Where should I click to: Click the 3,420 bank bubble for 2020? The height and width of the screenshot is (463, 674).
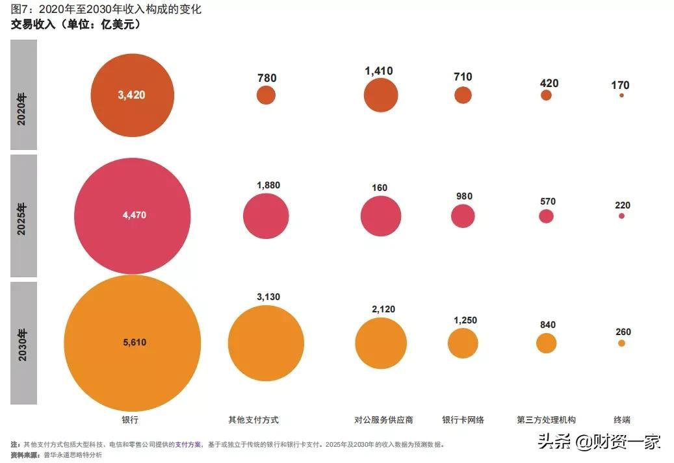pos(132,95)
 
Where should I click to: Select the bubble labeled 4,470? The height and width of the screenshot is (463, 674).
pos(133,216)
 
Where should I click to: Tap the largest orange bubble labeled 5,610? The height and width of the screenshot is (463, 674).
pos(132,343)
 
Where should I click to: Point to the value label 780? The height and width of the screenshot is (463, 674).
pos(266,78)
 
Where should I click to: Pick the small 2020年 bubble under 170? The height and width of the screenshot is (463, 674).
pos(621,95)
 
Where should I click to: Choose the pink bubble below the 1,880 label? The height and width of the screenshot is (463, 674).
pos(266,216)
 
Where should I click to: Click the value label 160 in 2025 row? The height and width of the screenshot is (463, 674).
pos(380,188)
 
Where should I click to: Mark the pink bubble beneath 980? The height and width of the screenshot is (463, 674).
pos(463,216)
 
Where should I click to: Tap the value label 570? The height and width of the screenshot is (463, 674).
pos(547,201)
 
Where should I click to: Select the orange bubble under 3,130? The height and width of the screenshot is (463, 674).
pos(266,343)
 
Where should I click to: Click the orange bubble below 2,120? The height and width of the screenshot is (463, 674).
pos(381,343)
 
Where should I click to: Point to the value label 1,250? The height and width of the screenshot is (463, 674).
pos(464,319)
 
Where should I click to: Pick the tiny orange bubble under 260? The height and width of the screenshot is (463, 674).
pos(621,343)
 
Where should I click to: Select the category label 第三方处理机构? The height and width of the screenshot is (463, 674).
pos(546,420)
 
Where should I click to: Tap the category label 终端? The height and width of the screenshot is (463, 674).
pos(622,420)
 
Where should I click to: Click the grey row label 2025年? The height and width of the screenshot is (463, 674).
pos(23,216)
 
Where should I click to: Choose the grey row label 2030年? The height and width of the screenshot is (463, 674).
pos(23,343)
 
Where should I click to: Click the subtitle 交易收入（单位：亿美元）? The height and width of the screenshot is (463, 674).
pos(75,25)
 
